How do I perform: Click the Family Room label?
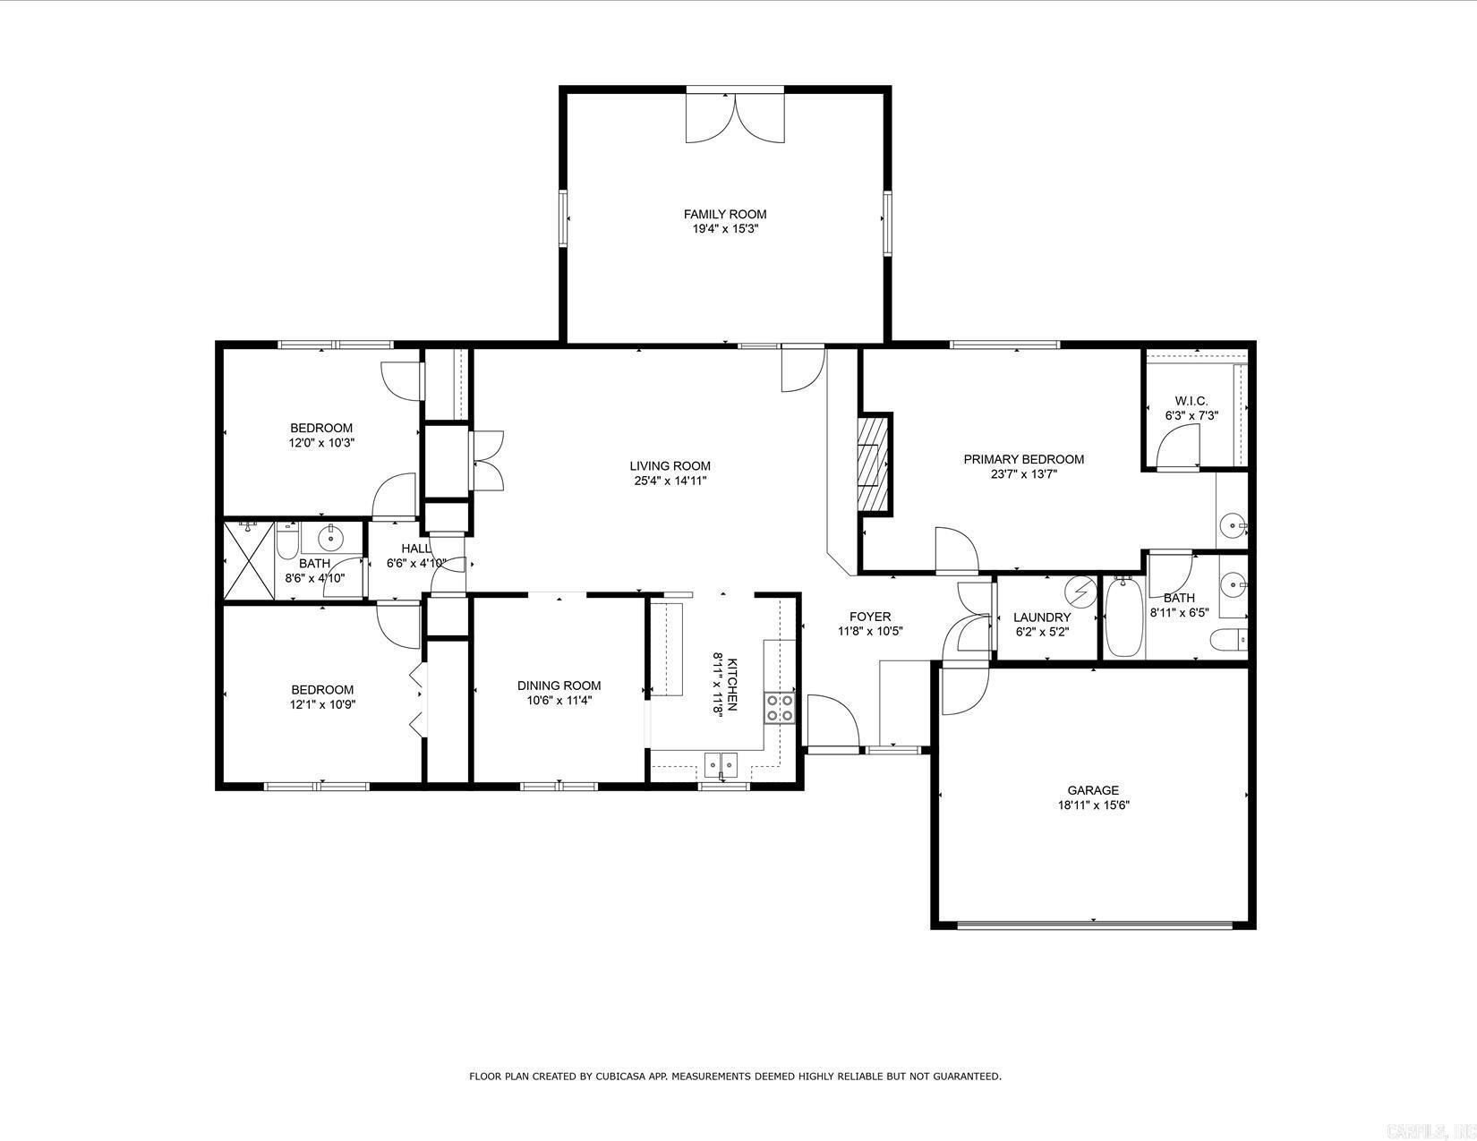point(724,215)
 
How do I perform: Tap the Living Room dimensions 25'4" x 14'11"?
point(670,481)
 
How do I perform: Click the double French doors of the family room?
point(735,115)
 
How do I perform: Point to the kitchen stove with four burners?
point(779,708)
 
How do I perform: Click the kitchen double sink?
point(721,763)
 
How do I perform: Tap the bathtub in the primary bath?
point(1123,617)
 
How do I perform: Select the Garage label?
point(1092,790)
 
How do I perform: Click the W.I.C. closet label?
point(1191,401)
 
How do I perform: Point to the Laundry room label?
point(1042,617)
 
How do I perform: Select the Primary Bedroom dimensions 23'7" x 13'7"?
point(1023,474)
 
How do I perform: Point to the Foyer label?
point(869,617)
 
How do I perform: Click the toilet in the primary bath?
point(1227,641)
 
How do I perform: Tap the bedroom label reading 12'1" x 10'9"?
point(321,704)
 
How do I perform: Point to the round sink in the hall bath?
point(330,538)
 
